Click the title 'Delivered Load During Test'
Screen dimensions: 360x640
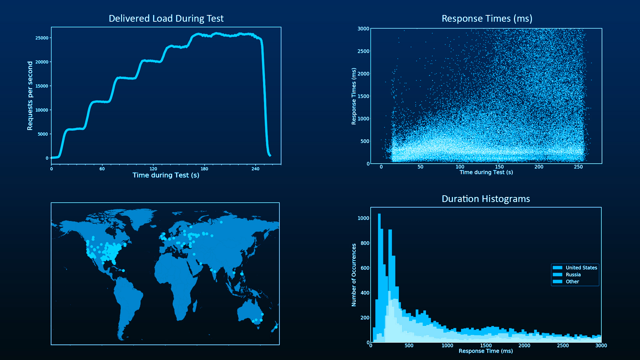tap(166, 18)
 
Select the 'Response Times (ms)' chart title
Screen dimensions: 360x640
tap(487, 18)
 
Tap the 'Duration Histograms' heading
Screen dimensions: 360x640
tap(486, 199)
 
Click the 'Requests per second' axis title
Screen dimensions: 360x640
tap(30, 96)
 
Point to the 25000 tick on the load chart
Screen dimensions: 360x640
tap(42, 38)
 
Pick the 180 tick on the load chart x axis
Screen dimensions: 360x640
tap(204, 169)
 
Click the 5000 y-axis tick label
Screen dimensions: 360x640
tap(43, 134)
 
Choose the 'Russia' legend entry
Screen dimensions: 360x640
tap(573, 275)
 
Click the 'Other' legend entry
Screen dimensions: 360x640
tap(572, 282)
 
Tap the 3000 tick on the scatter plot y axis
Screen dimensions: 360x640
tap(363, 29)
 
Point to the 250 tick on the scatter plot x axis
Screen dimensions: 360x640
tap(578, 167)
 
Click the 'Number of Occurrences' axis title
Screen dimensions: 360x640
tap(354, 275)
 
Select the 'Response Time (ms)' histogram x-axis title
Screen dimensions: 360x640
tap(486, 351)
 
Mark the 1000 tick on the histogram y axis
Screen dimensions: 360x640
tap(363, 218)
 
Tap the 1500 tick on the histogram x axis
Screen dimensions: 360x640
tap(486, 345)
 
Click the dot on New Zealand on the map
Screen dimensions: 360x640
tap(276, 327)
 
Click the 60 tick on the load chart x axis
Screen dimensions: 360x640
tap(102, 169)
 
